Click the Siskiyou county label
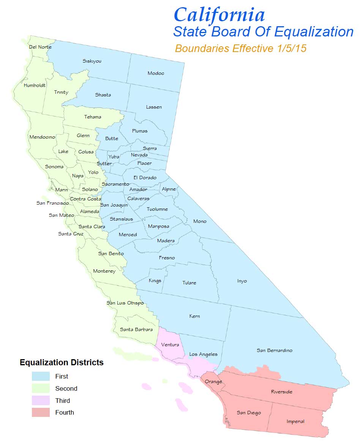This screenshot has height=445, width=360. point(92,61)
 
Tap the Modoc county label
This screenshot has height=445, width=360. point(156,73)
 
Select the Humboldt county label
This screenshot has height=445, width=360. point(35,85)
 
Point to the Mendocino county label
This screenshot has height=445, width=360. point(42,137)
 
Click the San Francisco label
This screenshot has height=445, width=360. point(53,203)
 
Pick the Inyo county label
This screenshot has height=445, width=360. point(242,281)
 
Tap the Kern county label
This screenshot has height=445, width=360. point(194,316)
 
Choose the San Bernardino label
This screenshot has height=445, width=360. point(275,350)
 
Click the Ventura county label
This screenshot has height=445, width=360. point(170,345)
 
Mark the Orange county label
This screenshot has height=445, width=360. point(213,382)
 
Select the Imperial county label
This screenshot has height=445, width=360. point(295,421)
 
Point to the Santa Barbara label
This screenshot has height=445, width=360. point(136,330)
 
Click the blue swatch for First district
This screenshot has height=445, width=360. point(41,376)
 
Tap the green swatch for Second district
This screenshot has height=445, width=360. point(41,388)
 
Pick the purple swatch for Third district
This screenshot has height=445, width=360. point(41,401)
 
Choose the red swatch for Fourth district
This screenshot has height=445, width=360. point(41,412)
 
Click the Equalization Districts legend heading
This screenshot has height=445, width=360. point(62,363)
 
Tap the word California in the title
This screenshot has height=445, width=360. point(219,15)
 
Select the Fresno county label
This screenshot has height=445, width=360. point(167,258)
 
